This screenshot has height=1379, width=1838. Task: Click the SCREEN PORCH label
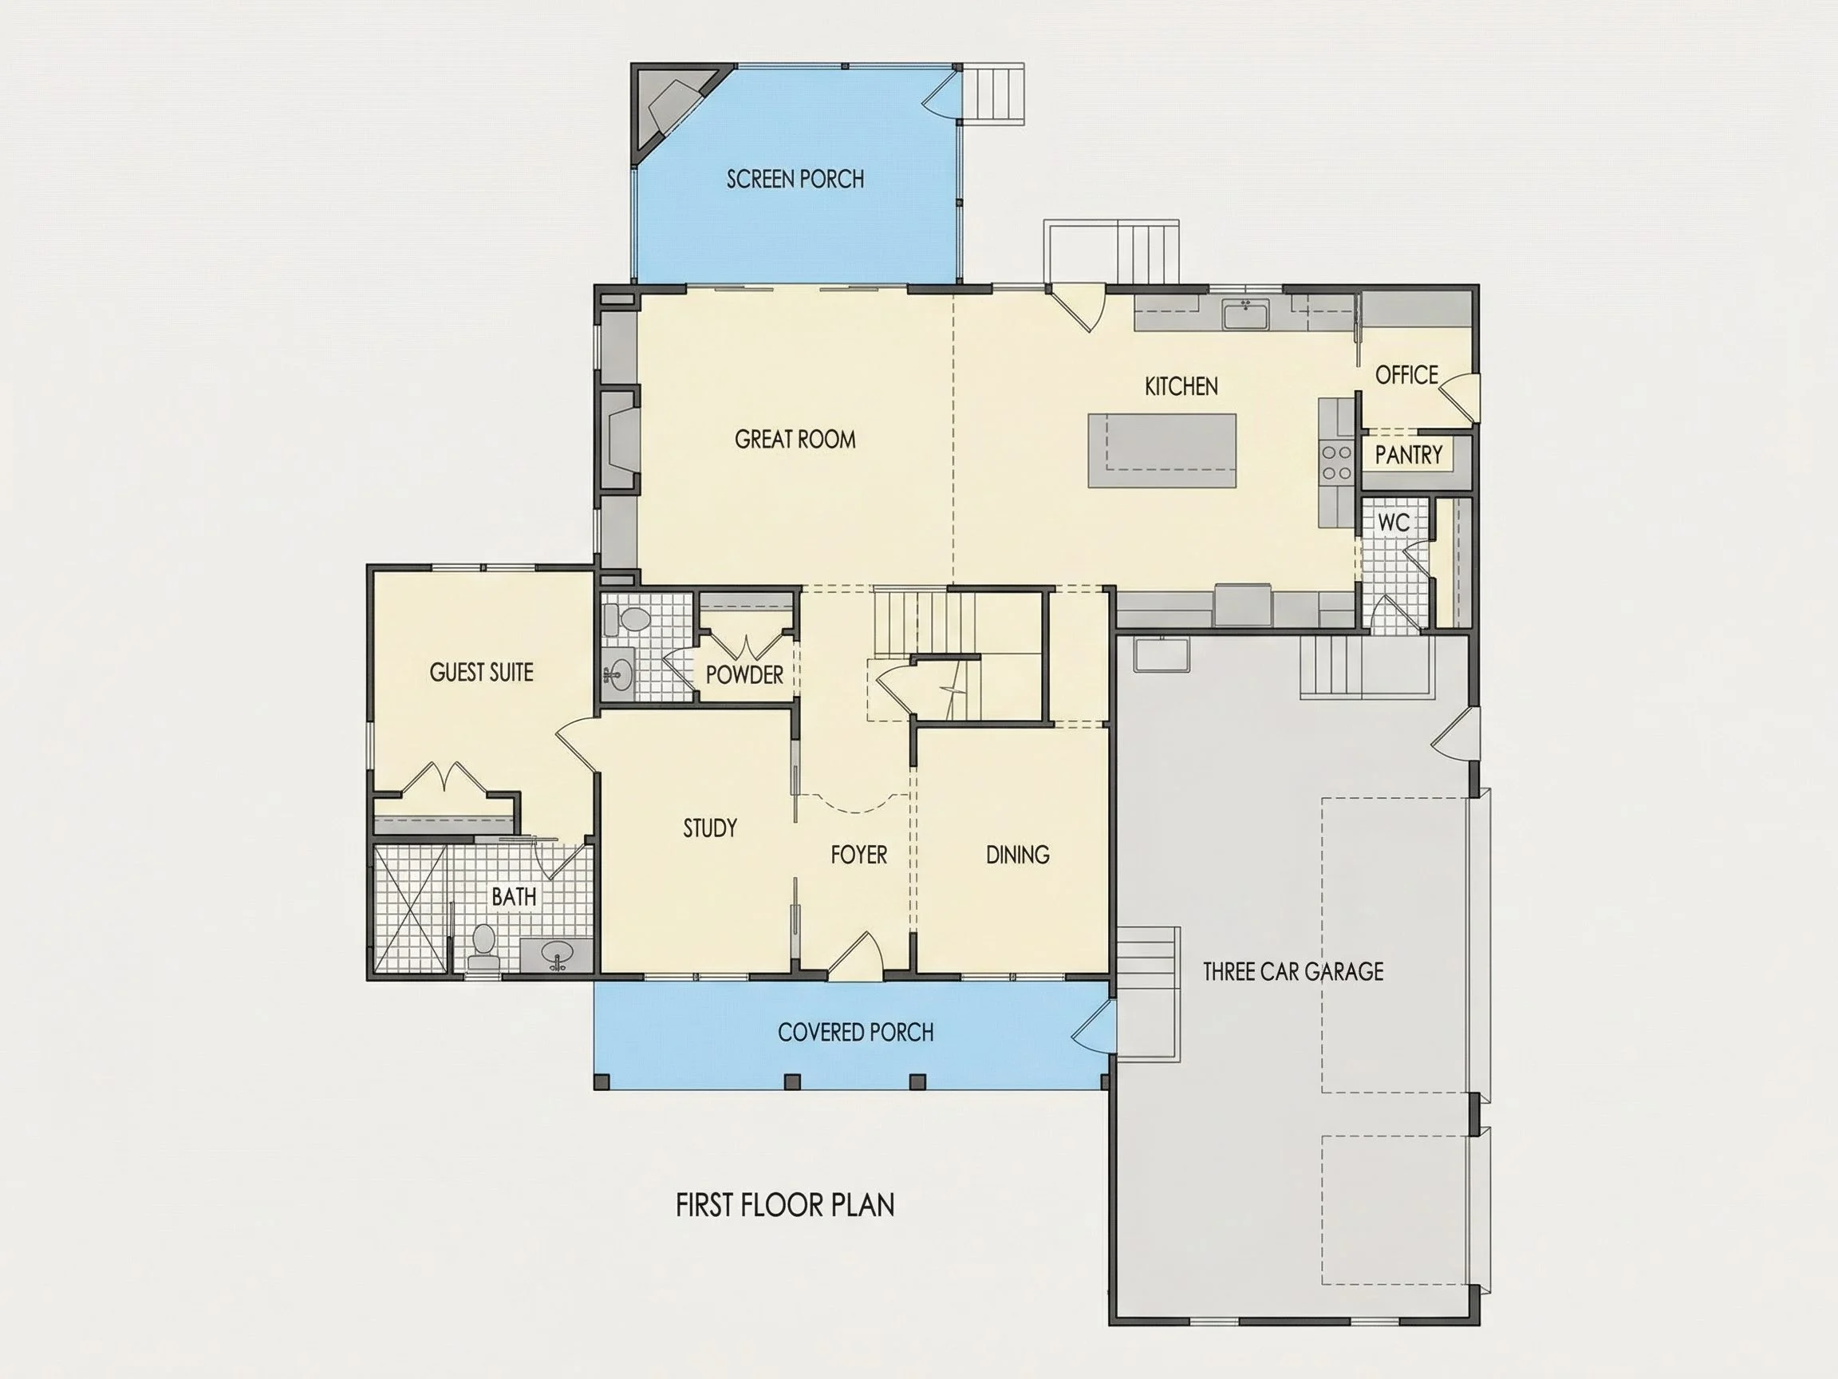point(795,179)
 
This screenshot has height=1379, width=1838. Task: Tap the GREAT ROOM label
point(795,439)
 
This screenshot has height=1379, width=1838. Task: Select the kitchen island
point(1162,451)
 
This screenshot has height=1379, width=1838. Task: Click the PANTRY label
point(1408,455)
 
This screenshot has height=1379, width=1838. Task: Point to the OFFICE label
point(1406,375)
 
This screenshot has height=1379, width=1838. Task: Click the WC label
point(1394,523)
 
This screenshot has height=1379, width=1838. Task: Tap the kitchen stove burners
point(1336,462)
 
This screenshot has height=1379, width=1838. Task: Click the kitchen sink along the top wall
point(1244,315)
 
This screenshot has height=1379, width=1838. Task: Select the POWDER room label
point(744,675)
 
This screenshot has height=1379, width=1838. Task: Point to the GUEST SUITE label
point(481,673)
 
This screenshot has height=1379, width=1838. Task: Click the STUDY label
point(710,828)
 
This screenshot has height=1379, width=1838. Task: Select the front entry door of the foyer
point(856,956)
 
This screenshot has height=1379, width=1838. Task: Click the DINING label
point(1017,855)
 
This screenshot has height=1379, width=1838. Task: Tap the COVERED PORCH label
point(856,1033)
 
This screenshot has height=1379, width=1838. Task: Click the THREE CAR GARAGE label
point(1293,971)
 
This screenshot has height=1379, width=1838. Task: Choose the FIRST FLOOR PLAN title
point(784,1205)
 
